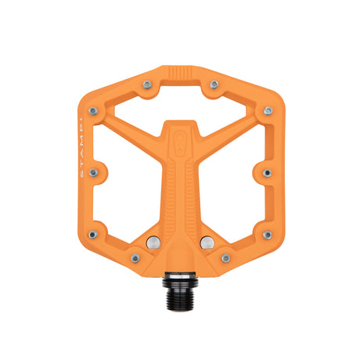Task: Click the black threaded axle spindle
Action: coord(180,282)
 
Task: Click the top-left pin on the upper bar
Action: coord(146,83)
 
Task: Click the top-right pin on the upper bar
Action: coord(214,83)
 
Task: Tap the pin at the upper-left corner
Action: coord(93,111)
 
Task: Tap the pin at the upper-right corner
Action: coord(268,111)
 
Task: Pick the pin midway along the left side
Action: coord(93,172)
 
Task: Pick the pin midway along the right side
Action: coord(268,172)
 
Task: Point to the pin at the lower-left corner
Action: coord(93,234)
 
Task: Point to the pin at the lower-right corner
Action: coord(268,234)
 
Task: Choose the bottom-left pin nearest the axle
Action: coord(135,257)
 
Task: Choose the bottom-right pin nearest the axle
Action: coord(225,257)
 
